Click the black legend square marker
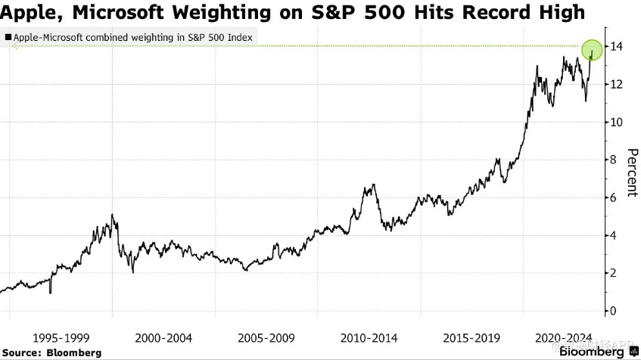pyautogui.click(x=8, y=36)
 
